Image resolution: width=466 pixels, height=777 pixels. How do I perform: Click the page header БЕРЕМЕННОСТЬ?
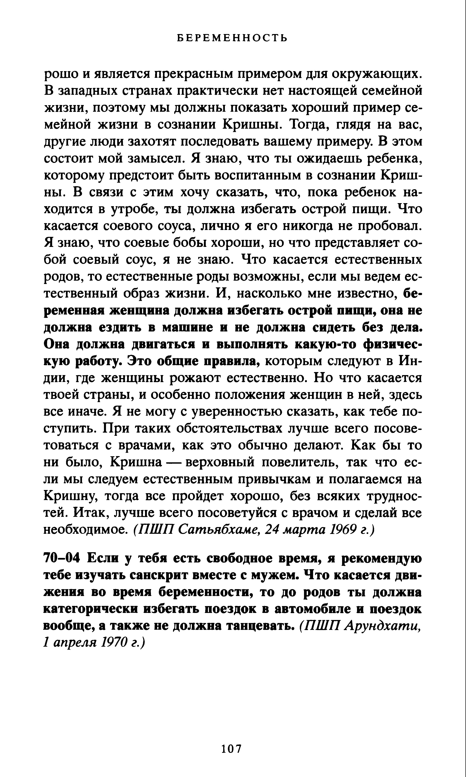click(232, 38)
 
